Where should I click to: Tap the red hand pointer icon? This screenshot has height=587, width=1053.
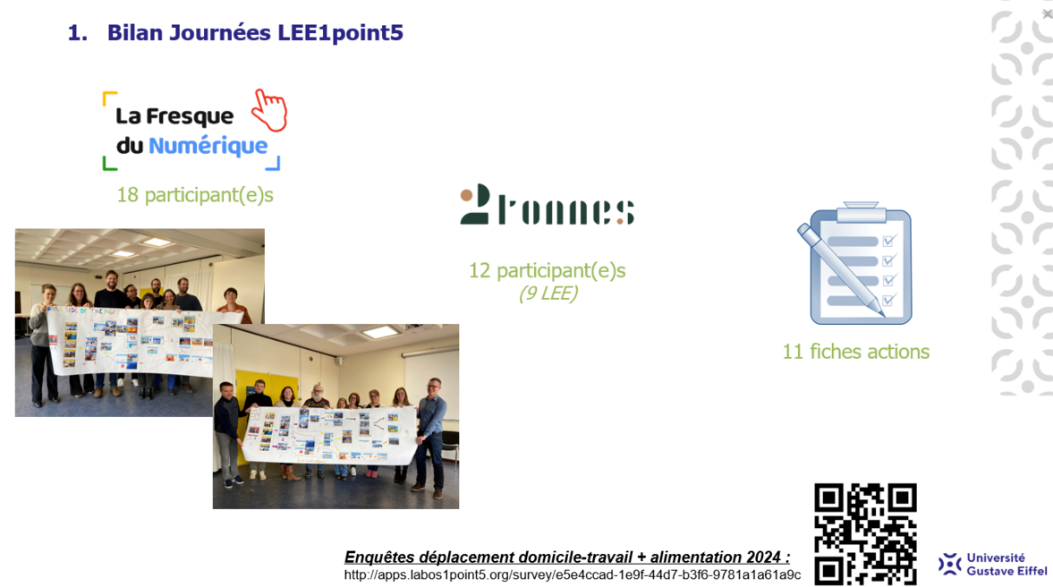click(x=270, y=110)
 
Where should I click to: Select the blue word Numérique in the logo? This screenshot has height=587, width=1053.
click(x=208, y=146)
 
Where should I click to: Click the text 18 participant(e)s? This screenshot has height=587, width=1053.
click(x=195, y=195)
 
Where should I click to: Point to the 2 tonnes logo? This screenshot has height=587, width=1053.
click(x=548, y=204)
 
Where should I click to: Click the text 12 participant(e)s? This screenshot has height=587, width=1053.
click(x=548, y=270)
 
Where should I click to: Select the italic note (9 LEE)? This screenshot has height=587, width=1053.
click(x=548, y=293)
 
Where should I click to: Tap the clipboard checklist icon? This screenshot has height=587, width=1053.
click(x=855, y=262)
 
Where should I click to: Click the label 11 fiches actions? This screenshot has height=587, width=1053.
click(x=855, y=352)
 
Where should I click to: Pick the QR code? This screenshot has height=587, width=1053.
click(x=866, y=534)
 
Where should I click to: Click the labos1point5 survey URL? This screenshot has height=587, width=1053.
click(x=573, y=574)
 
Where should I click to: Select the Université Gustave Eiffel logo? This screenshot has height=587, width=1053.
click(x=992, y=564)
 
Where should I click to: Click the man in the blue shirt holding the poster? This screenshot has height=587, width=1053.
click(x=430, y=437)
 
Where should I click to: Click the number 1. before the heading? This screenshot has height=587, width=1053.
click(x=78, y=33)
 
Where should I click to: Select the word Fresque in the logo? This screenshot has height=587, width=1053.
click(x=190, y=116)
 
